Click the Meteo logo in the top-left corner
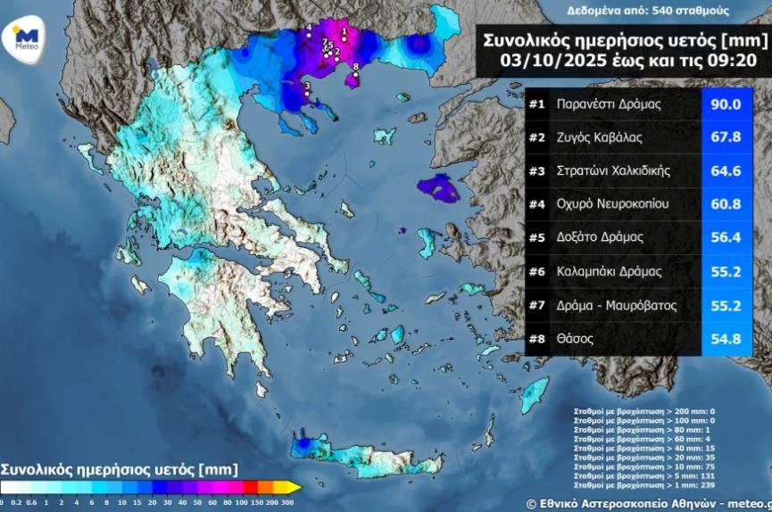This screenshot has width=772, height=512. (28, 40)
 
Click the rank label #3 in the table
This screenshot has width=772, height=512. (536, 171)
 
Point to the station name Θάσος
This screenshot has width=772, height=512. (574, 339)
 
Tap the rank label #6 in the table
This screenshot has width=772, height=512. (536, 272)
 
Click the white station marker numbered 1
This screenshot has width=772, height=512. (344, 39)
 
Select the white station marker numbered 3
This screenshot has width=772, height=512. (306, 93)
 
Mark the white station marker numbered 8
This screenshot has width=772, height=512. (355, 74)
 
